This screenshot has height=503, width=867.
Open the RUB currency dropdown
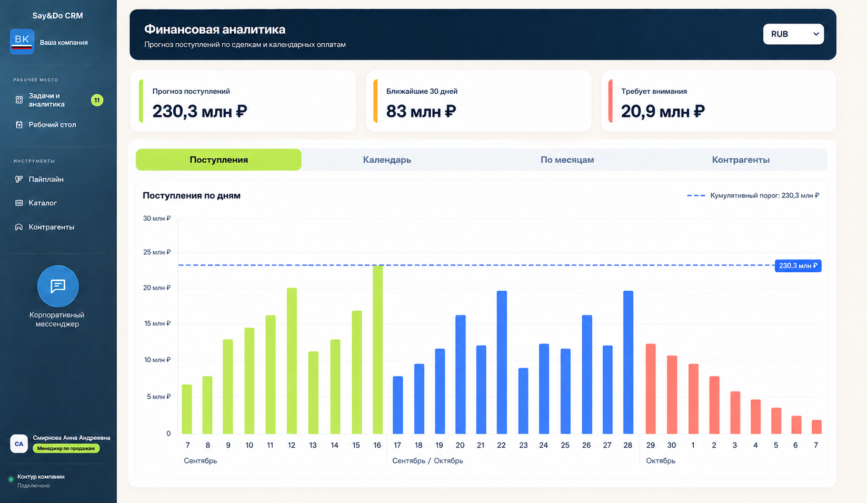coord(793,34)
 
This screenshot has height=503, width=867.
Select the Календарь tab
coord(387,160)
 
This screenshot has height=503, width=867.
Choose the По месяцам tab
coord(567,160)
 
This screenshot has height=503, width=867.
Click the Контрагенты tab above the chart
coord(741,160)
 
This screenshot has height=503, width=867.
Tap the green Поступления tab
coord(218,160)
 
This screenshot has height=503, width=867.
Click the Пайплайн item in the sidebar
coord(46,179)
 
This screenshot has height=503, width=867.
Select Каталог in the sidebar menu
coord(43,203)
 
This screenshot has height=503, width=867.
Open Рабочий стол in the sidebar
coord(52,125)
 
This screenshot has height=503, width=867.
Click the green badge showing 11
coord(97,100)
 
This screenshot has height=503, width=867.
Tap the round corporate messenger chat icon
coord(58,286)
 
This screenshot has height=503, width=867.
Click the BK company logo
coord(22,42)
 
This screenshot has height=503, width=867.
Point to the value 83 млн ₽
coord(421,112)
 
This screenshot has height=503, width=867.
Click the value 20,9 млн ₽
coord(663,112)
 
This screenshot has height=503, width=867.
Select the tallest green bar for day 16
coord(378,349)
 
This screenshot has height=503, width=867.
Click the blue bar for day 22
coord(502,362)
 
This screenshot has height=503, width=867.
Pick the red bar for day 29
coord(651,389)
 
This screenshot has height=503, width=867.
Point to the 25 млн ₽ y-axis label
coord(157,252)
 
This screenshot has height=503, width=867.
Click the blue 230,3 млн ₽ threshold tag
coord(798,265)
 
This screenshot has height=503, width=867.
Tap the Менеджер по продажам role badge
coord(66,448)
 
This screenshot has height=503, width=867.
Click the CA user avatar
coord(19,444)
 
